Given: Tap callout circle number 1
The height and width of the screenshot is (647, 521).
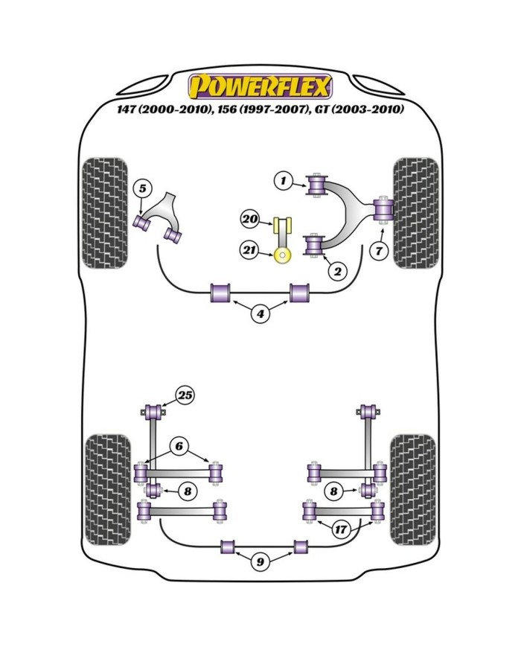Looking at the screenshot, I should pos(284,180).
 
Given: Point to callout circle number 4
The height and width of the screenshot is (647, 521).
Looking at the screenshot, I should pos(260,315).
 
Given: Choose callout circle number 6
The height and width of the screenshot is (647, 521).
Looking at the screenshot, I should pos(179,446).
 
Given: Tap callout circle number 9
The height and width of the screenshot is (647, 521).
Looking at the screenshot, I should pos(260,562).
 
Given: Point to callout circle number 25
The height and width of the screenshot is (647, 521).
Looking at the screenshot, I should pos(185,395).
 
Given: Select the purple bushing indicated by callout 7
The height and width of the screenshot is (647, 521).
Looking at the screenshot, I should pos(385,209).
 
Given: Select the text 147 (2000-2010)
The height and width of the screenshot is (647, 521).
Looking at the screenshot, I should pos(165,109).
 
